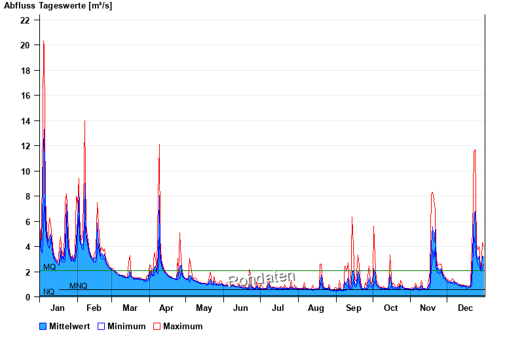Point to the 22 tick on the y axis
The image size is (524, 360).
[x=25, y=20]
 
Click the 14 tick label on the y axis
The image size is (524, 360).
[x=25, y=121]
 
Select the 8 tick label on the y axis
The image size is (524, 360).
[x=27, y=196]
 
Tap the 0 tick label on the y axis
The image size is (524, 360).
[x=27, y=297]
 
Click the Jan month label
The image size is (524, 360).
[x=58, y=308]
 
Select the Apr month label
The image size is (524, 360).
[x=166, y=308]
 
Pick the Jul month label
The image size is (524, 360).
[x=278, y=308]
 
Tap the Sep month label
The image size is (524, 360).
[x=354, y=308]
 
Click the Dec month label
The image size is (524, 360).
[x=466, y=308]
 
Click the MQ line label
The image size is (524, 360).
[x=49, y=267]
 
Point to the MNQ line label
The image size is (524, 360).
[x=78, y=286]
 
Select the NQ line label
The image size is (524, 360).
[x=48, y=292]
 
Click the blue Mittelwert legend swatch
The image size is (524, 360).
[x=43, y=326]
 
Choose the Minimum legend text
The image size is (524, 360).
[x=126, y=326]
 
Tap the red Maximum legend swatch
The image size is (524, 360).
[x=157, y=326]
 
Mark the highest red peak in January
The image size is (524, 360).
[x=43, y=41]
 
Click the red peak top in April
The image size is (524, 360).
[x=159, y=145]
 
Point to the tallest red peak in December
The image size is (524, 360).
[x=475, y=151]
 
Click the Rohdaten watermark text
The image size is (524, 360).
[x=262, y=279]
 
